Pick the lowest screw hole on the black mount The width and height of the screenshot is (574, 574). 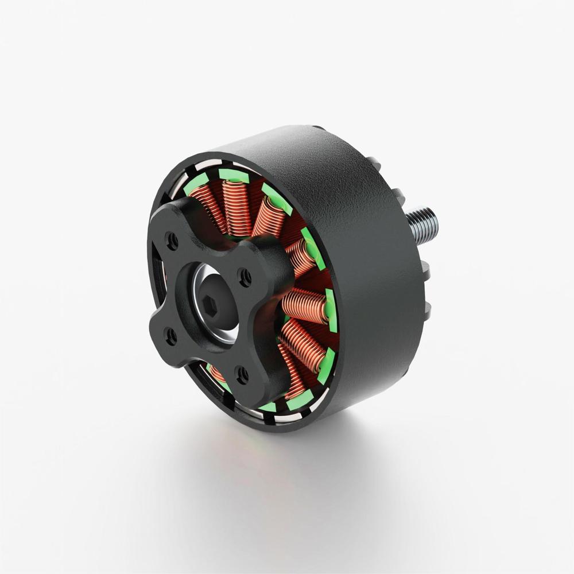point(243,376)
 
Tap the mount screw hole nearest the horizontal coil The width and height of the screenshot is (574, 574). point(245,278)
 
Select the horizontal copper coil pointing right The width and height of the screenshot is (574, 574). point(304,305)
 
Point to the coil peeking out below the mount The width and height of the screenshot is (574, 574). point(217,374)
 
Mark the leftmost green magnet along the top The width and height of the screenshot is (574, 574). point(195,183)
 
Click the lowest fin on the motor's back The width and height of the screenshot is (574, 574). point(427,311)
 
